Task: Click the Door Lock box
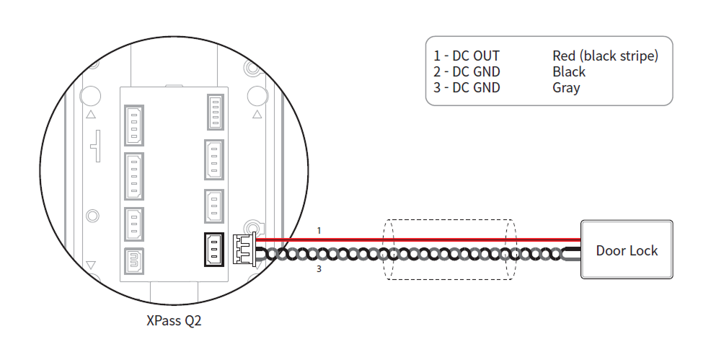[627, 250]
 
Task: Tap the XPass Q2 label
[174, 320]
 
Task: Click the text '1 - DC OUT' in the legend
[467, 56]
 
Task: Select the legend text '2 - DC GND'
[467, 71]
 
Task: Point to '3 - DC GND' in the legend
[467, 87]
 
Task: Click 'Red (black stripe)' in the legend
[605, 56]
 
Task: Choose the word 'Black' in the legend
[569, 71]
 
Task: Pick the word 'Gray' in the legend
[566, 87]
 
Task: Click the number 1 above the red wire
[319, 230]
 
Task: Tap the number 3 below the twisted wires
[319, 271]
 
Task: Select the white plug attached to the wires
[242, 250]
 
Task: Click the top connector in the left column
[134, 126]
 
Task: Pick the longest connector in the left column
[134, 175]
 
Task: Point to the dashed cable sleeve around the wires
[449, 250]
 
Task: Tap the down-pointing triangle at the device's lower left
[91, 265]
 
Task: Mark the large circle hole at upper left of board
[90, 96]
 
